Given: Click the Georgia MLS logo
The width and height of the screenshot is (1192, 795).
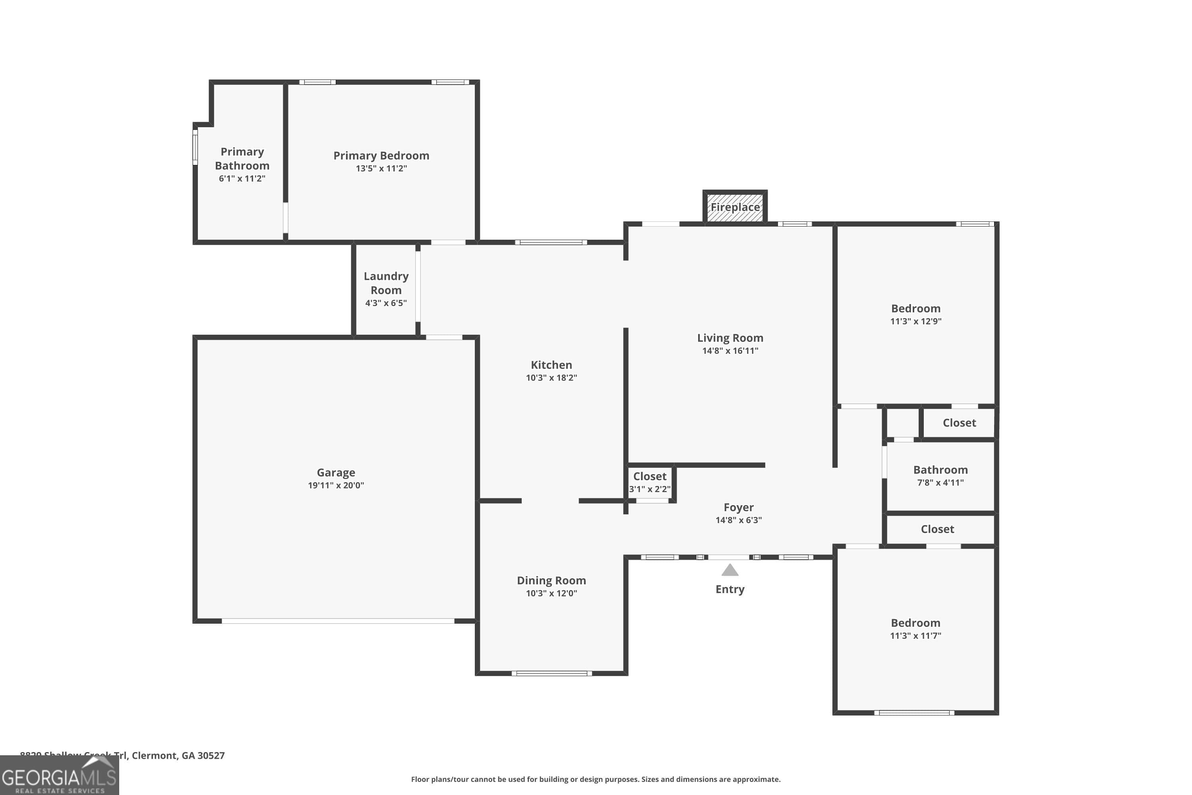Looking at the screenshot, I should [x=59, y=776].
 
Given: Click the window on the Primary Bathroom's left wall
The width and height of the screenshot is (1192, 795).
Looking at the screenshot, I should [x=195, y=147].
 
